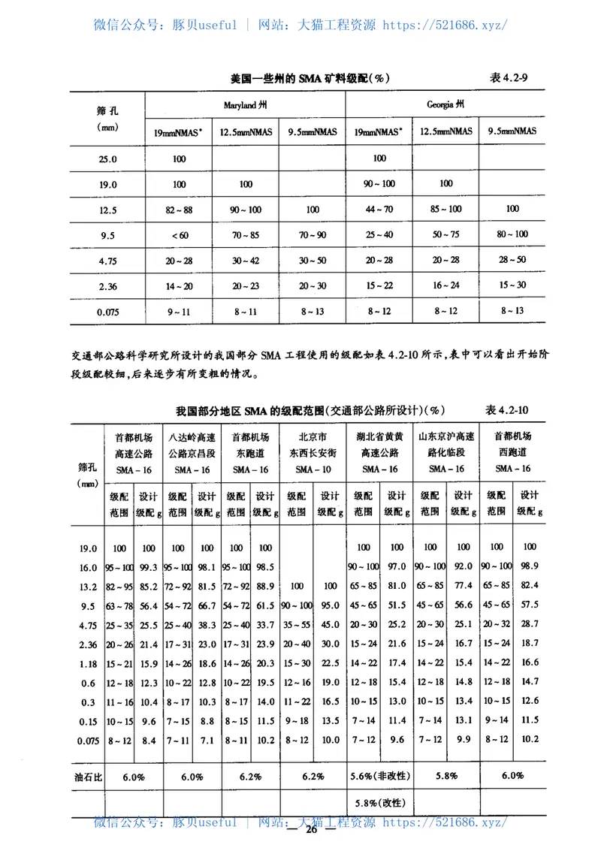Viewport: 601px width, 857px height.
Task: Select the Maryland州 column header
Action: point(245,104)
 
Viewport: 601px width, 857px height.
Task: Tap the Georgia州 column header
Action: point(445,104)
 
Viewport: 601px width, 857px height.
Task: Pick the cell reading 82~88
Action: point(179,210)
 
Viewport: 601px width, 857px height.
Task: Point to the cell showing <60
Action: point(179,235)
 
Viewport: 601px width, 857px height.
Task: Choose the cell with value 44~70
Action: point(379,210)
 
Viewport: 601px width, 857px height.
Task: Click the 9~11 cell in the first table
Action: point(179,311)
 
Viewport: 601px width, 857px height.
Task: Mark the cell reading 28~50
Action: point(512,260)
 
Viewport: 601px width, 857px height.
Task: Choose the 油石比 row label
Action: point(88,777)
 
